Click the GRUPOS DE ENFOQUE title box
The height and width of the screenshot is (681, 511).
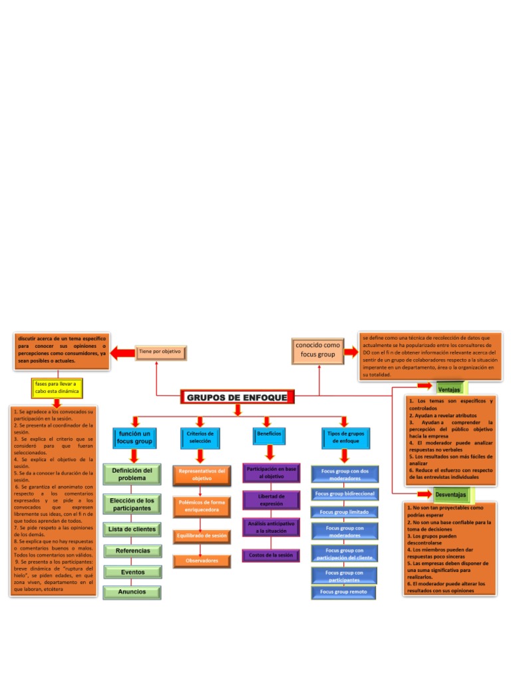coord(237,398)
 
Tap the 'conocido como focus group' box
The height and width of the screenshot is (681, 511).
coord(317,350)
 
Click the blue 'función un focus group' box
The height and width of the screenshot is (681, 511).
coord(134,437)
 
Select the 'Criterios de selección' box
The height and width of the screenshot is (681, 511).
coord(200,437)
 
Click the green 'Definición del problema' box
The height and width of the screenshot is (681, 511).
coord(132,474)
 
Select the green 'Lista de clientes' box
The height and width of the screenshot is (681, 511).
coord(132,529)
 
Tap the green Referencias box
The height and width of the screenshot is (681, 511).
coord(132,551)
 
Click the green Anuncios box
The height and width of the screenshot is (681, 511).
coord(132,591)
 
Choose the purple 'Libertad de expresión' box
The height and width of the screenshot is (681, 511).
coord(270,499)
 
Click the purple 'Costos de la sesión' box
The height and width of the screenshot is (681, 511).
coord(270,555)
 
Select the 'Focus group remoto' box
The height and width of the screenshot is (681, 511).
coord(343,591)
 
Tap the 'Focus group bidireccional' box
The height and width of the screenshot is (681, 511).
coord(344,494)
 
